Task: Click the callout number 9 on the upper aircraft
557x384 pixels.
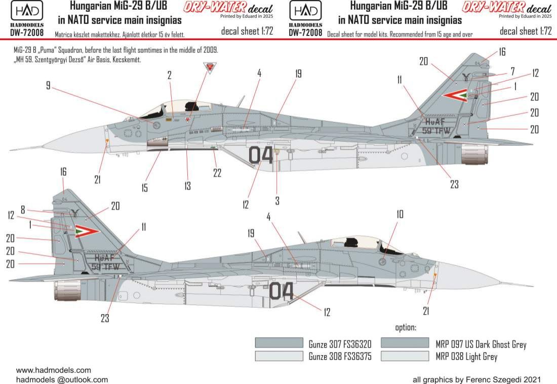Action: [x=48, y=86]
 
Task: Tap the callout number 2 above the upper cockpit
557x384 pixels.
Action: [x=170, y=75]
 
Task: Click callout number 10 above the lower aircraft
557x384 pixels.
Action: [x=400, y=214]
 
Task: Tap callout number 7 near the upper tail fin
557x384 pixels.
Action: [x=512, y=70]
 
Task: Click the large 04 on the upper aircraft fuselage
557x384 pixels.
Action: [x=261, y=155]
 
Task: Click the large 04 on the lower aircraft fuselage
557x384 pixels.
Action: [x=281, y=291]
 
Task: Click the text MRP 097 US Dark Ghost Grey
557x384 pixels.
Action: [x=481, y=344]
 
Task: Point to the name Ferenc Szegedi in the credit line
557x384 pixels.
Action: [x=498, y=379]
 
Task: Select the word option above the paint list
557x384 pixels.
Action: [x=405, y=328]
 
